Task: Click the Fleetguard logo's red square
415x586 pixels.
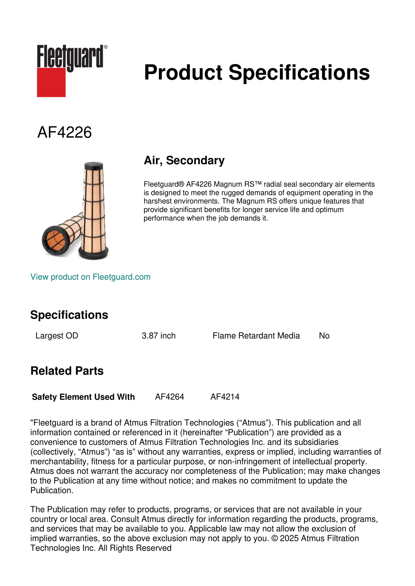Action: click(x=51, y=82)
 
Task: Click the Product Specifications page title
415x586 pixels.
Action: click(x=257, y=72)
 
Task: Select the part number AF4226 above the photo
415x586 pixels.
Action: click(x=64, y=132)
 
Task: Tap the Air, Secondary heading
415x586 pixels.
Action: click(x=184, y=161)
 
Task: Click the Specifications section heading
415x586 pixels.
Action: click(x=69, y=315)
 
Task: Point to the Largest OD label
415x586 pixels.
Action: click(x=57, y=336)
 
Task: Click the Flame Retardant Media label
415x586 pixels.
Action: click(x=256, y=336)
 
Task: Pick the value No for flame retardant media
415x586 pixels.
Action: click(x=324, y=336)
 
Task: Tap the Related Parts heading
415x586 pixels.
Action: click(x=67, y=371)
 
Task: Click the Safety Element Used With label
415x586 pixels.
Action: click(x=83, y=397)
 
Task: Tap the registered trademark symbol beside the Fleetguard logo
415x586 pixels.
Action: click(x=106, y=47)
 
